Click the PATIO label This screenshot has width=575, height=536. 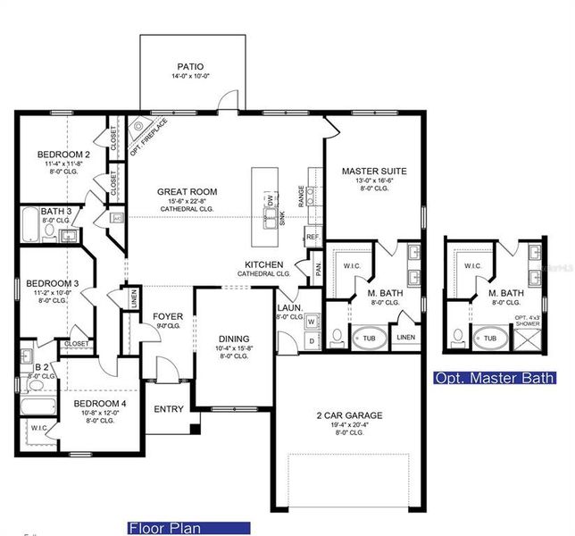(x=190, y=66)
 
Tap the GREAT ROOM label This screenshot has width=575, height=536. (x=187, y=191)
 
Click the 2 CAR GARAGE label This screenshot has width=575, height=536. (x=348, y=415)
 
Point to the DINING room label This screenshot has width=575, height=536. (x=234, y=339)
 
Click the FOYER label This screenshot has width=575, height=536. (x=168, y=316)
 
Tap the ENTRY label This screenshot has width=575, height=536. (x=169, y=409)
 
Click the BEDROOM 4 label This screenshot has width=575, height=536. (x=99, y=404)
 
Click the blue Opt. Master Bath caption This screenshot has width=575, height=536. (x=494, y=378)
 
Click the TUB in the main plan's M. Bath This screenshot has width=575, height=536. (x=368, y=338)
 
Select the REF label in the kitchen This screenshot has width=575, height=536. (x=312, y=237)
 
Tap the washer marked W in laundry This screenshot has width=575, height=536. (x=312, y=322)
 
